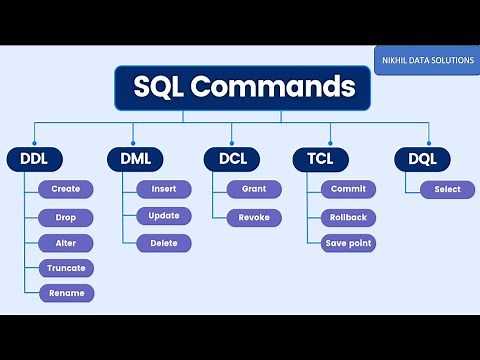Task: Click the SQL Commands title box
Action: pos(242,88)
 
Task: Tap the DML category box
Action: pos(134,158)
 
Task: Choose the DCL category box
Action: pos(231,158)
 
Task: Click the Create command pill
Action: pos(66,189)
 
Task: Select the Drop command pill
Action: pos(66,217)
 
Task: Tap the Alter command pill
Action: pos(66,243)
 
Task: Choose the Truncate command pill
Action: pos(66,268)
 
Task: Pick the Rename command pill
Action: pos(66,293)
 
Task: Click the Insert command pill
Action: pos(163,189)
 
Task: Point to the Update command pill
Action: pos(163,216)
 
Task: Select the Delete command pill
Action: pos(163,242)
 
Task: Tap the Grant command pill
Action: pos(254,189)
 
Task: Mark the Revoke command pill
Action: pos(254,217)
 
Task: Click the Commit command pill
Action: pos(348,189)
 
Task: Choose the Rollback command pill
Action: pos(348,217)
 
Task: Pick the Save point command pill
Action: pos(348,243)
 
